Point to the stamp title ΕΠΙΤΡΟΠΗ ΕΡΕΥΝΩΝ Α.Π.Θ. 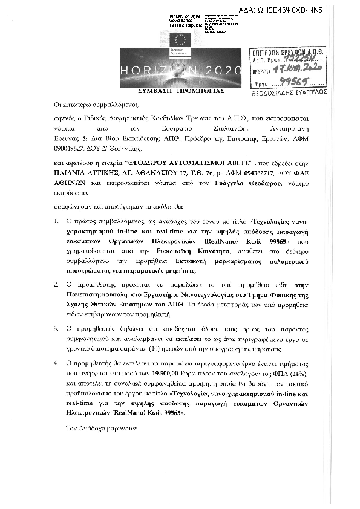289,54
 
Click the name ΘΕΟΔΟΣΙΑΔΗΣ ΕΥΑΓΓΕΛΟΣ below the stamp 288,92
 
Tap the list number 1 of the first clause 57,222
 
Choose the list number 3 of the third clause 57,328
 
